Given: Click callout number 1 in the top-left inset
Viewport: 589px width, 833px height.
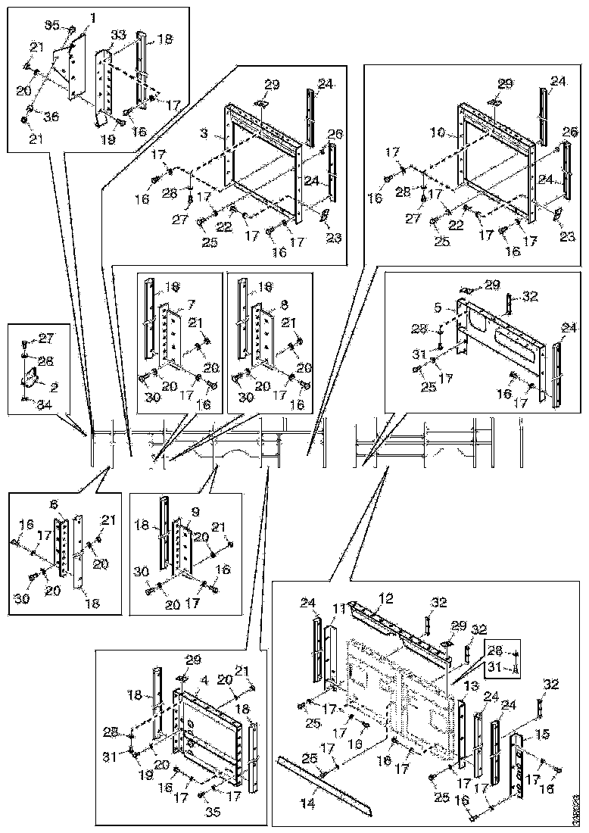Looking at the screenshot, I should click(x=93, y=17).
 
